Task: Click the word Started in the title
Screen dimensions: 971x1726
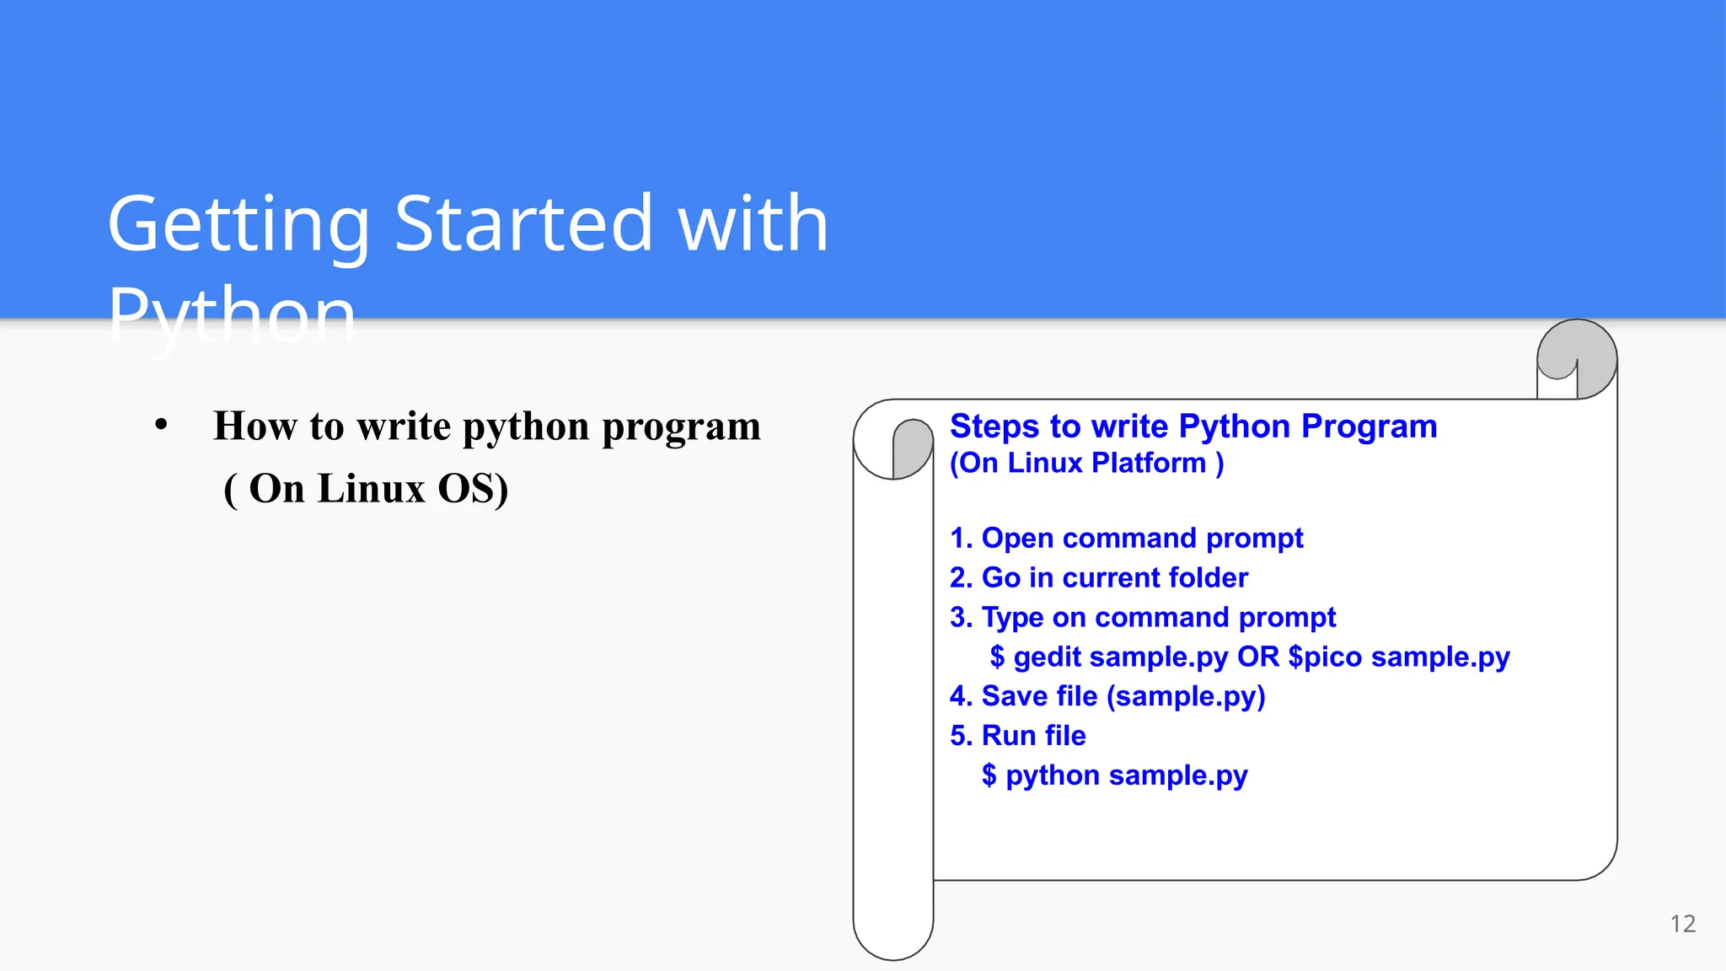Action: (x=523, y=224)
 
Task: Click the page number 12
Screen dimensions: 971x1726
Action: (x=1682, y=924)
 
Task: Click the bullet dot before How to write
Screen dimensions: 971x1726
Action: (x=161, y=426)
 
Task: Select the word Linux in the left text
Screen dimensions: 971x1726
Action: (x=371, y=489)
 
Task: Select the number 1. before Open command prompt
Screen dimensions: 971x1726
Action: (x=961, y=539)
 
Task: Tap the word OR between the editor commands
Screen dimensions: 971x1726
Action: (x=1257, y=657)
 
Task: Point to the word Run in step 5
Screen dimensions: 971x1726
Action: (x=1009, y=736)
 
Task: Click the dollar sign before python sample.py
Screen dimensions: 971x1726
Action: (x=989, y=775)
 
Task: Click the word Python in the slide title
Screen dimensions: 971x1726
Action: (x=233, y=315)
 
